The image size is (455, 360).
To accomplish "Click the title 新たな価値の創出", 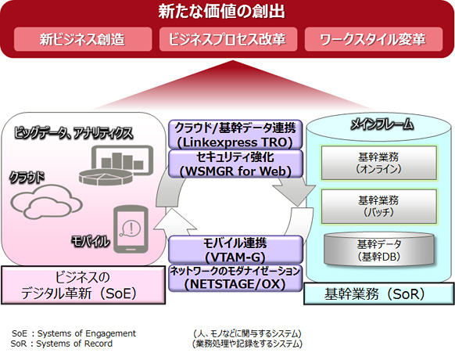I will (227, 13).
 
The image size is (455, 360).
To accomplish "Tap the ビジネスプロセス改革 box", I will (226, 40).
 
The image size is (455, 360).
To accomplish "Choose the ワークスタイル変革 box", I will (371, 40).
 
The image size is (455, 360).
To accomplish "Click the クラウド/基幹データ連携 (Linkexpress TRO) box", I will (235, 135).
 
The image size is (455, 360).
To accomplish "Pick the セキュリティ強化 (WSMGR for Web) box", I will (235, 164).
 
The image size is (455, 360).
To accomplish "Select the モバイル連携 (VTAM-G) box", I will (235, 250).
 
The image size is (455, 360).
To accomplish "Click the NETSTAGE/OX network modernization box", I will (235, 277).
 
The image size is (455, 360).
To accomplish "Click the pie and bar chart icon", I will (110, 161).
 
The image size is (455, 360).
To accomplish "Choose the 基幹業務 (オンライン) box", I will (378, 162).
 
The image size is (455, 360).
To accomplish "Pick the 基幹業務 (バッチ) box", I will (378, 206).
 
